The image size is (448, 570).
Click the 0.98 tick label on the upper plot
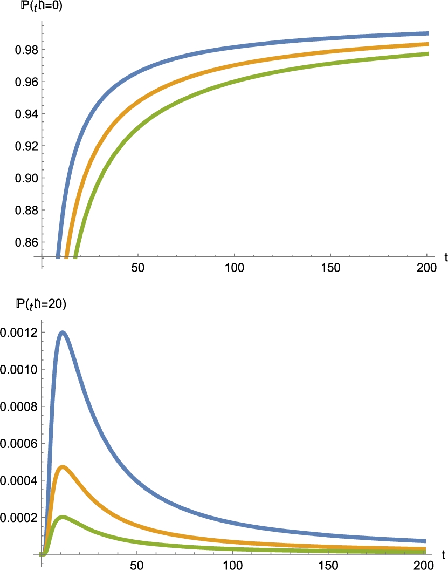[x=24, y=50]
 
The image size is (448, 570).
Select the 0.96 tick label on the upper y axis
[x=24, y=82]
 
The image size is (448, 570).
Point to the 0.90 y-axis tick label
[x=24, y=178]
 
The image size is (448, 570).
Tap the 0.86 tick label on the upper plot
[x=24, y=242]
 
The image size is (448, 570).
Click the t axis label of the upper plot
[x=445, y=257]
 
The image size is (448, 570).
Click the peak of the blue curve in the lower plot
[x=63, y=332]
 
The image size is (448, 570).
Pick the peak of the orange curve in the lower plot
[x=63, y=467]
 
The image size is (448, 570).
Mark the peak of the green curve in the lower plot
[x=63, y=518]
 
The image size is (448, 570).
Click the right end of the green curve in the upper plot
[x=427, y=54]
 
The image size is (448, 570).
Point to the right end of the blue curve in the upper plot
[x=427, y=33]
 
